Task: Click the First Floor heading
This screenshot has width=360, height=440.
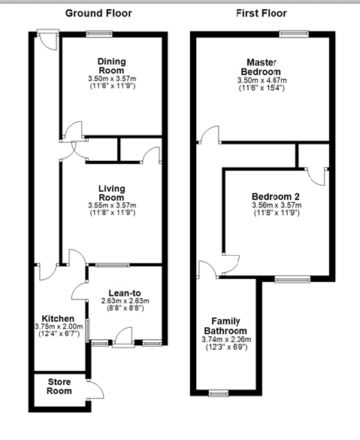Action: click(261, 13)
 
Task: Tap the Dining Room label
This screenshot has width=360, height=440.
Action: click(110, 66)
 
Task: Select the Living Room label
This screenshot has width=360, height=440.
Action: click(110, 193)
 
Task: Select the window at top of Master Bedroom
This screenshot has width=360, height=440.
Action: click(294, 33)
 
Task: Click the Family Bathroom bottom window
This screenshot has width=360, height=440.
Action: click(219, 392)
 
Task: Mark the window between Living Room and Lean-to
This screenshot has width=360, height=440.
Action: click(111, 265)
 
